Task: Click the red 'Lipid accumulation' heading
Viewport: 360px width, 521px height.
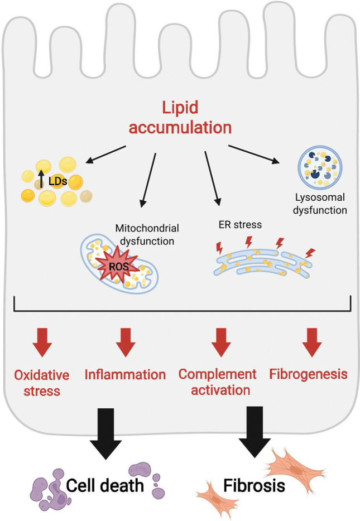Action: coord(180,118)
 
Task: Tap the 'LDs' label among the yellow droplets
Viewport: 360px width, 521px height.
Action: coord(58,181)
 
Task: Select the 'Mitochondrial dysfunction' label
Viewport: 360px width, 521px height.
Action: coord(147,235)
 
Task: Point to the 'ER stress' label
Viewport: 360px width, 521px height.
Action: coord(240,225)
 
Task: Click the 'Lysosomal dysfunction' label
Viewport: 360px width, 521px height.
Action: coord(320,204)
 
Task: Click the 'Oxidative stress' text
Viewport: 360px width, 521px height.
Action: coord(42,383)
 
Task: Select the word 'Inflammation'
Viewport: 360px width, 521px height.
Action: coord(125,374)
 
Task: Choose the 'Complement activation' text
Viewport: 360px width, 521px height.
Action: coord(218,382)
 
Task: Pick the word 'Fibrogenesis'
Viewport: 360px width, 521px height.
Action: coord(308,374)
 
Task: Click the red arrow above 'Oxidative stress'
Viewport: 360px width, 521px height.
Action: coord(42,342)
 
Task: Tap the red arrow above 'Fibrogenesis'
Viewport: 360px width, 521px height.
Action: coord(312,342)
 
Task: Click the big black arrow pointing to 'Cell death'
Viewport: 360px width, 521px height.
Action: coord(105,433)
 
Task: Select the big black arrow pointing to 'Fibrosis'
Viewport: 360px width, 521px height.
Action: coord(255,432)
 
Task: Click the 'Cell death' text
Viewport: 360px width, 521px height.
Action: coord(105,485)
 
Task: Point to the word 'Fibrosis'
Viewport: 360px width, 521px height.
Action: coord(254,485)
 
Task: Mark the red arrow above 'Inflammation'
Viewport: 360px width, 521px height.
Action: coord(126,342)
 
